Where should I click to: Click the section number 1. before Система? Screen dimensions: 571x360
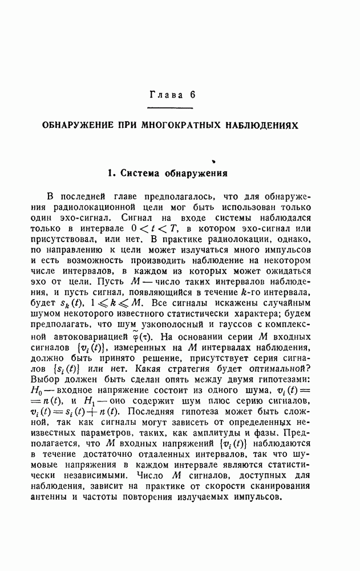point(112,171)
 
